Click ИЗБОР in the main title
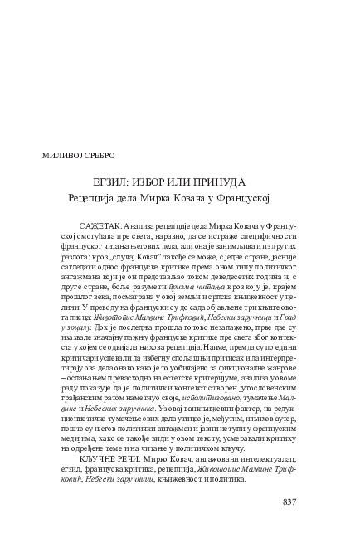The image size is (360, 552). coord(158,182)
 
